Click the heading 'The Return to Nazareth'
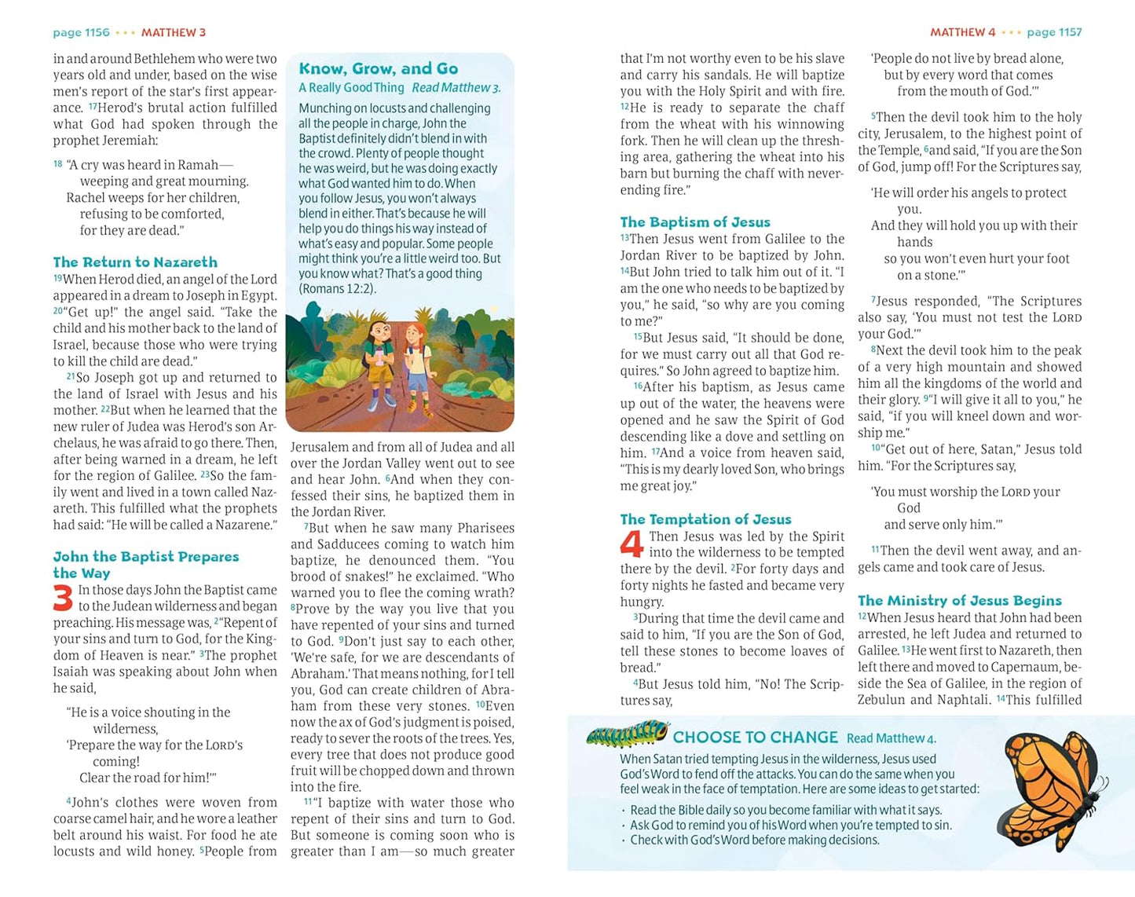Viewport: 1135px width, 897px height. [x=135, y=262]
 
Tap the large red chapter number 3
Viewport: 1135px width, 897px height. [x=63, y=599]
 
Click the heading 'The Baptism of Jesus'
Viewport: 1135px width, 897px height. [x=695, y=222]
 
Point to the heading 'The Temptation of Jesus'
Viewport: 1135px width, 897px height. [x=705, y=519]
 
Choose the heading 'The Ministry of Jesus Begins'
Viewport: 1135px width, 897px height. [x=959, y=601]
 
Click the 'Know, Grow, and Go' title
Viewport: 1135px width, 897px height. [x=378, y=69]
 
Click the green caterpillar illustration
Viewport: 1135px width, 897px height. [x=626, y=736]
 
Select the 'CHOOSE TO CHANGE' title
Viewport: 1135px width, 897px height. [x=755, y=738]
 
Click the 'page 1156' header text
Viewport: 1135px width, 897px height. [x=81, y=33]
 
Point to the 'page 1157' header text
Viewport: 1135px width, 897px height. [x=1054, y=33]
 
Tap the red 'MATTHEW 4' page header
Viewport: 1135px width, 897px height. [x=962, y=33]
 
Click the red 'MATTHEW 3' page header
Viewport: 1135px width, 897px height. [x=174, y=33]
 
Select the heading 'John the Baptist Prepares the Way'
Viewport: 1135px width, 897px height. [x=145, y=565]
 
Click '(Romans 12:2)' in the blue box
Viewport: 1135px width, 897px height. [x=337, y=289]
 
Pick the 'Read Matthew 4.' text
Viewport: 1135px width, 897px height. [x=891, y=738]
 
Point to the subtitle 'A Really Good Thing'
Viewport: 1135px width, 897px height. [x=351, y=88]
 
